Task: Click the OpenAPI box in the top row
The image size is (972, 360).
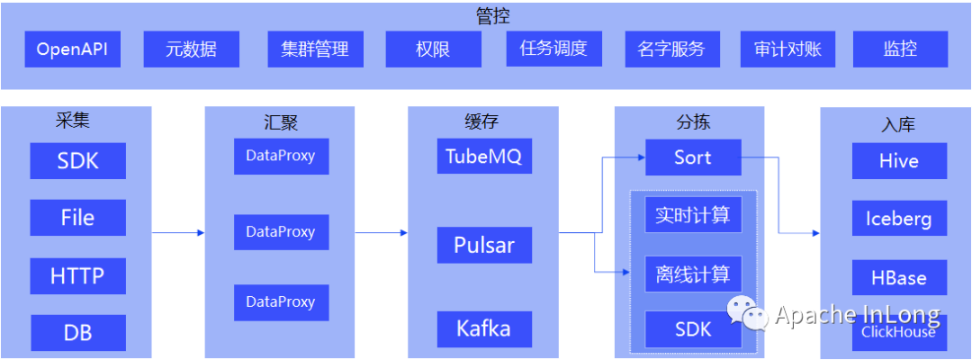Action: (x=72, y=49)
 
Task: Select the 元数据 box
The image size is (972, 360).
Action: (x=192, y=49)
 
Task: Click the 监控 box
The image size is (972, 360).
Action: (x=900, y=49)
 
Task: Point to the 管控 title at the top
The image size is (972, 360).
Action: (x=493, y=15)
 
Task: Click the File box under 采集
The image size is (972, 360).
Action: (x=77, y=218)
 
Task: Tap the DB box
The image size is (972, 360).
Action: (x=77, y=333)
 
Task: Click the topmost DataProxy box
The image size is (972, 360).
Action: (x=281, y=156)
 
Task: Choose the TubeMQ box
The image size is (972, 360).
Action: (x=484, y=157)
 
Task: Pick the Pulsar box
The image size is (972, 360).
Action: (x=484, y=245)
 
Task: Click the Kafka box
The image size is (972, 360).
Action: (x=484, y=328)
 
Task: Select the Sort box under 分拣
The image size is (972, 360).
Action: (x=693, y=157)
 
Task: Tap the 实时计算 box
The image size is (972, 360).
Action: (x=693, y=215)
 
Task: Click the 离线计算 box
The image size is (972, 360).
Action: (x=693, y=274)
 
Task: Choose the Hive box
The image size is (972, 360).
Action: (x=899, y=161)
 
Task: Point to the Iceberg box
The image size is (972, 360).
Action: (x=899, y=219)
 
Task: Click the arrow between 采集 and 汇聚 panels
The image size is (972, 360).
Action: (x=178, y=233)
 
